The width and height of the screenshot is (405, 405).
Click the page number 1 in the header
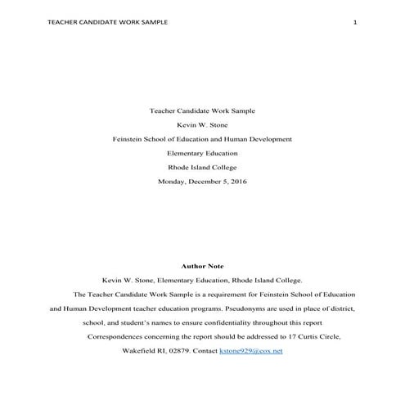pyautogui.click(x=355, y=22)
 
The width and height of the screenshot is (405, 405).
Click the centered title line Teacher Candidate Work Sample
pyautogui.click(x=202, y=110)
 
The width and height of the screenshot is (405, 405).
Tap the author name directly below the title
pyautogui.click(x=202, y=124)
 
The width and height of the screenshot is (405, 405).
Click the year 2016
pyautogui.click(x=238, y=182)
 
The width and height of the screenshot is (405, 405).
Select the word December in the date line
pyautogui.click(x=205, y=182)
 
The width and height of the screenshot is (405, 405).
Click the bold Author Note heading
pyautogui.click(x=202, y=265)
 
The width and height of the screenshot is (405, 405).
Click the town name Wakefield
pyautogui.click(x=138, y=350)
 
